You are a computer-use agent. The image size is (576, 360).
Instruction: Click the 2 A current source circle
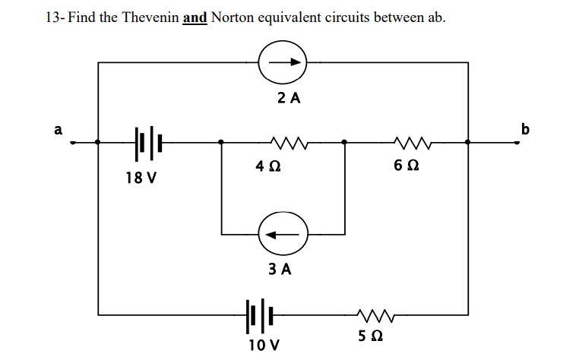coord(283,62)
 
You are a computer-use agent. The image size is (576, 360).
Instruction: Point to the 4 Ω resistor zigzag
coord(283,141)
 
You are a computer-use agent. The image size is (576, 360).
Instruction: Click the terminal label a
coord(57,130)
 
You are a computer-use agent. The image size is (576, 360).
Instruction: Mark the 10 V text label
coord(262,346)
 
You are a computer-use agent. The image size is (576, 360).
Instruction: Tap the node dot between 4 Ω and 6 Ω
coord(345,141)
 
